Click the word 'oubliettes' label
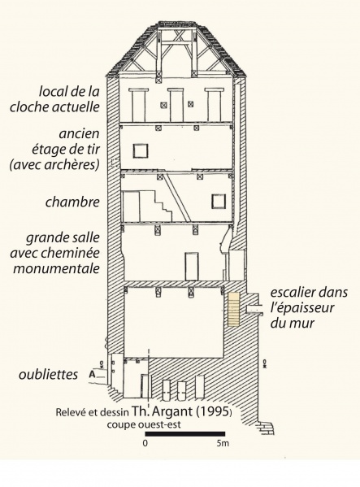pyautogui.click(x=48, y=374)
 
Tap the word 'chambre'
pyautogui.click(x=72, y=202)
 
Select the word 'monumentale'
pyautogui.click(x=56, y=268)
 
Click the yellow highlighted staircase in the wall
pyautogui.click(x=234, y=309)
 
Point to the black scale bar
pyautogui.click(x=185, y=434)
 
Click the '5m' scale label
pyautogui.click(x=223, y=443)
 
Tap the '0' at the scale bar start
pyautogui.click(x=145, y=443)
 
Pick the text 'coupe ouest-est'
pyautogui.click(x=144, y=424)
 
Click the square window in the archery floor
pyautogui.click(x=141, y=151)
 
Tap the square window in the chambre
pyautogui.click(x=219, y=202)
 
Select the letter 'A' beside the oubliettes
pyautogui.click(x=92, y=374)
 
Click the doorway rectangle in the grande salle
pyautogui.click(x=192, y=267)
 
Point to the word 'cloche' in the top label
pyautogui.click(x=29, y=107)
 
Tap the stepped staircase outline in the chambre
pyautogui.click(x=155, y=206)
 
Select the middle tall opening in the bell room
pyautogui.click(x=176, y=105)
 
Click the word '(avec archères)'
pyautogui.click(x=54, y=164)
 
